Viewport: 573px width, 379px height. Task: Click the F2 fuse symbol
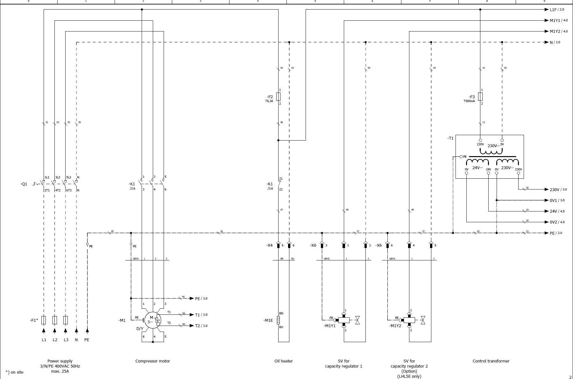coord(279,97)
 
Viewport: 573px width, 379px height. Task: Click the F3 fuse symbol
coord(480,97)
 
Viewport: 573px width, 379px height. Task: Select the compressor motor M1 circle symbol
coord(152,320)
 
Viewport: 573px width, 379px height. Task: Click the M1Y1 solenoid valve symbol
coord(344,320)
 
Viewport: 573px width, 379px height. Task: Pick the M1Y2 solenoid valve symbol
coord(409,320)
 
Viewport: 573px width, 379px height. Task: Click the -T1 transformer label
coord(450,138)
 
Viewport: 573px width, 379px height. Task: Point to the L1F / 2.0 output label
coord(557,10)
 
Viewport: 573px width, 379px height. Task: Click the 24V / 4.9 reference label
coord(557,211)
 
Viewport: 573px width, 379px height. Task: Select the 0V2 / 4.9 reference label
coord(557,222)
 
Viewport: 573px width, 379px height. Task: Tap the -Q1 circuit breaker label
coord(24,184)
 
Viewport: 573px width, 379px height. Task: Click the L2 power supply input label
coord(55,340)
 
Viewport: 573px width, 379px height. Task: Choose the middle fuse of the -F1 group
coord(55,320)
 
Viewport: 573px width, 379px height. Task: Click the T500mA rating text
coord(469,101)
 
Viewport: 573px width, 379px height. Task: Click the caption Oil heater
coord(283,361)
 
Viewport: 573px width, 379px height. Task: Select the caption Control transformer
coord(491,361)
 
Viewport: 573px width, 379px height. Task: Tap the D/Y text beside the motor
coord(140,328)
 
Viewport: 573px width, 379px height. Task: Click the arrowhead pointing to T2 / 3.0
coord(192,326)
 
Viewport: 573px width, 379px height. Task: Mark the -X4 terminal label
coord(269,245)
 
